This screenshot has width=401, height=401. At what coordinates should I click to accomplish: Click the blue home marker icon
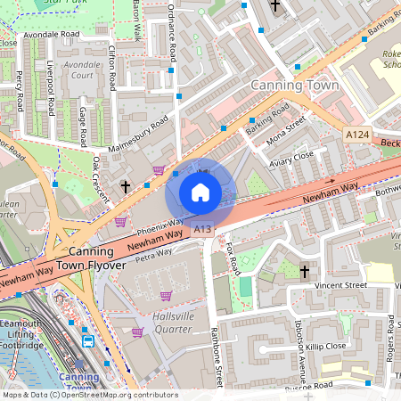[200, 192]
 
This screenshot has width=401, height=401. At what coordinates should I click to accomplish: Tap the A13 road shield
[203, 229]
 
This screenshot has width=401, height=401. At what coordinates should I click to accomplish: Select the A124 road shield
[356, 135]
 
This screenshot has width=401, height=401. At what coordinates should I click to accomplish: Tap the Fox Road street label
[233, 259]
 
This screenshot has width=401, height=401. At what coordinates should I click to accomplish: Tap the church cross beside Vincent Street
[304, 271]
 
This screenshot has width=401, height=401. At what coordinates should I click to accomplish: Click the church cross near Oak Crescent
[126, 187]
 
